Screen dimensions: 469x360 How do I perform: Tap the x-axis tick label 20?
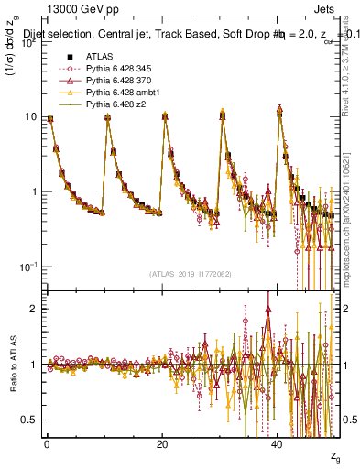pos(162,443)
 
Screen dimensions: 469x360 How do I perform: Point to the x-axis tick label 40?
pos(278,443)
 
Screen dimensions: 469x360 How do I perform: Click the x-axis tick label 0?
pos(48,443)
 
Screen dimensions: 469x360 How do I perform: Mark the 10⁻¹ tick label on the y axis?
pos(29,267)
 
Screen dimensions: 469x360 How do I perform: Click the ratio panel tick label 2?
pos(34,309)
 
